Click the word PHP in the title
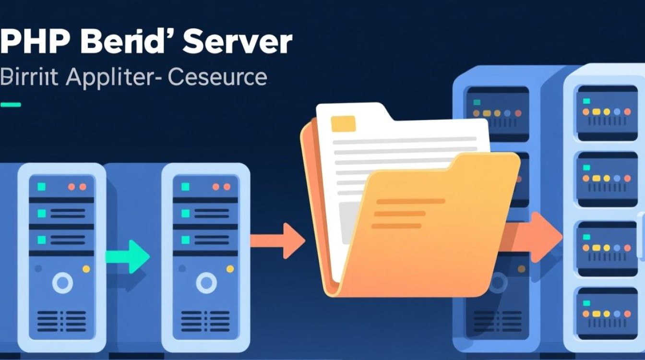click(34, 42)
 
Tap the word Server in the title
click(237, 42)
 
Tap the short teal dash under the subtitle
click(11, 104)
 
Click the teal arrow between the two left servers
click(129, 257)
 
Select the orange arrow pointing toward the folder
click(279, 240)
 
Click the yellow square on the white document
click(343, 123)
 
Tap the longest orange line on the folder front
click(410, 201)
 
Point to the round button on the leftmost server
click(62, 283)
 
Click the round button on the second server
click(206, 283)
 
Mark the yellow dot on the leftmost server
click(86, 269)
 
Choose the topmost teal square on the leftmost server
click(42, 187)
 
